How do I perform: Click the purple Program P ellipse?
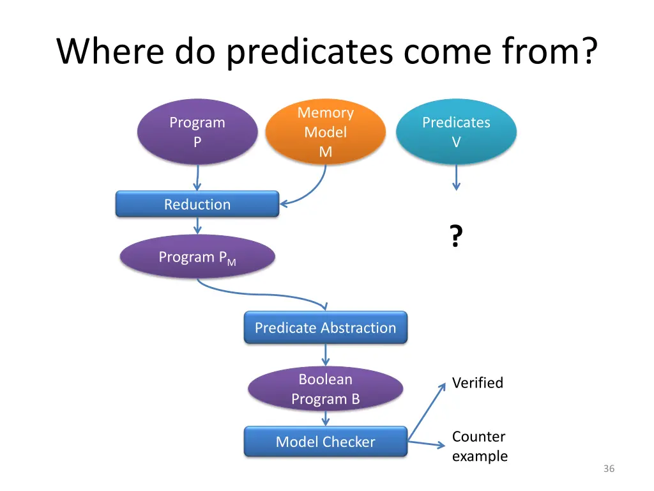(197, 132)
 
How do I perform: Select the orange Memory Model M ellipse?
(326, 132)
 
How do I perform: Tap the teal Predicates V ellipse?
(456, 132)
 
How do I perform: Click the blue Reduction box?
(197, 205)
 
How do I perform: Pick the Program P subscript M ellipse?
(197, 257)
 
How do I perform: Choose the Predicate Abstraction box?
(326, 328)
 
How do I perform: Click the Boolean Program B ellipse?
(326, 389)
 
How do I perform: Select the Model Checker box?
(326, 442)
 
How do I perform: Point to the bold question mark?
(455, 237)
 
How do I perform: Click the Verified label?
(478, 383)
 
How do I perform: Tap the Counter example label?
(480, 446)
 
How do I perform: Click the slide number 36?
(609, 469)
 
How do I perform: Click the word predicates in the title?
(309, 52)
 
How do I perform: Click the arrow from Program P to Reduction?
(197, 178)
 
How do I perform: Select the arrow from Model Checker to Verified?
(427, 412)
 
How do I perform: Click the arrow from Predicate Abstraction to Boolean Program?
(326, 355)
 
